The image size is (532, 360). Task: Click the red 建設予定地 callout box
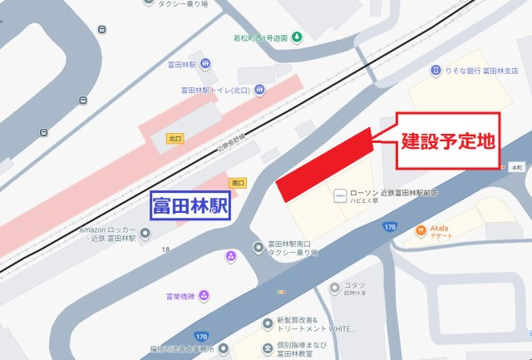click(448, 141)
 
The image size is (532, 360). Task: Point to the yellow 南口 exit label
click(237, 182)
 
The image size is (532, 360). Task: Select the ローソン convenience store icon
click(338, 195)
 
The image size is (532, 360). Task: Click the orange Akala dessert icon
click(421, 229)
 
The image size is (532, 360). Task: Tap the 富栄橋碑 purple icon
click(204, 295)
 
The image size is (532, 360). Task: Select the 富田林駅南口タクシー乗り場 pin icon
click(258, 246)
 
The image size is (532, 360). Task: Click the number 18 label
click(166, 249)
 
